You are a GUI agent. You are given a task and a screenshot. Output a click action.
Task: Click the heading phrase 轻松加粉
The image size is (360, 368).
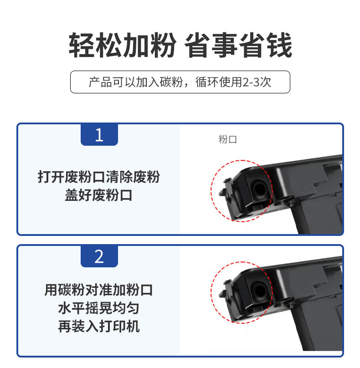click(122, 45)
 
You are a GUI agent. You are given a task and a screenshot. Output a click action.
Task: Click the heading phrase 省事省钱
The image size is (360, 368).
click(238, 45)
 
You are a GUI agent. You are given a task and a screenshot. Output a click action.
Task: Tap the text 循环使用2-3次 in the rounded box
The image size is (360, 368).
click(233, 82)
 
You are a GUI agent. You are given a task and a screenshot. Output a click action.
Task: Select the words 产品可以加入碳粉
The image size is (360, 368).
click(136, 82)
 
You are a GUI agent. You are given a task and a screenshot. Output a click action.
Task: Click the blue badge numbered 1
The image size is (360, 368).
click(99, 135)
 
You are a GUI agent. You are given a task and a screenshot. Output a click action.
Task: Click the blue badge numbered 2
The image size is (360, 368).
click(99, 256)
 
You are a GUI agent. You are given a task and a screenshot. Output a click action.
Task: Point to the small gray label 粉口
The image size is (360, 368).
click(227, 139)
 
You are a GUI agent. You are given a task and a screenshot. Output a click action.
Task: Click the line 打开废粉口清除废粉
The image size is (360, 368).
click(99, 177)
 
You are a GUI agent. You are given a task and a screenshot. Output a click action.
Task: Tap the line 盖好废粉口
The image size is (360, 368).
click(98, 195)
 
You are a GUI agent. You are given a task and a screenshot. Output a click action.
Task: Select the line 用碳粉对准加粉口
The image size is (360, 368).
click(98, 290)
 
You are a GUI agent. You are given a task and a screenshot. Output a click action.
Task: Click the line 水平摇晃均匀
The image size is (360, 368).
click(98, 308)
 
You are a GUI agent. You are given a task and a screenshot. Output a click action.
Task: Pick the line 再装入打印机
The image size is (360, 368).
click(98, 327)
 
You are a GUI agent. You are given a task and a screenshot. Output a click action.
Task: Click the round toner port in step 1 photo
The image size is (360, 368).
click(259, 189)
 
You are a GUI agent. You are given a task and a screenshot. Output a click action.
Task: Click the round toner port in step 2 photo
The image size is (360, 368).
click(259, 291)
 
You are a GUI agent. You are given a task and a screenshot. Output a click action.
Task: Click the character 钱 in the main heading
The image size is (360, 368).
click(279, 45)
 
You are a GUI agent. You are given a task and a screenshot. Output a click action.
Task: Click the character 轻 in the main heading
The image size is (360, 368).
click(81, 45)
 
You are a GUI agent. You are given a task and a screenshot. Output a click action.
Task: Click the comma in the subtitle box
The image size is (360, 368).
click(186, 86)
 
